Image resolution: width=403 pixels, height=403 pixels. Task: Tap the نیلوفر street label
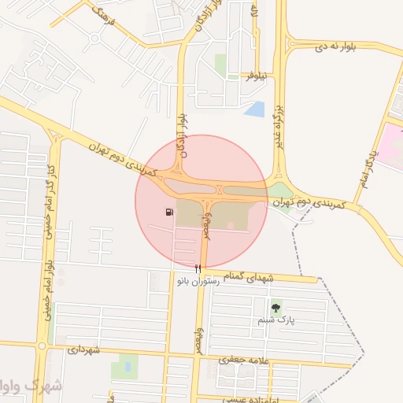[x=257, y=76]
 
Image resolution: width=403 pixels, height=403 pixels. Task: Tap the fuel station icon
[x=170, y=212]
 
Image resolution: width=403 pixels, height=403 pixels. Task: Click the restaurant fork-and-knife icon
[x=198, y=268]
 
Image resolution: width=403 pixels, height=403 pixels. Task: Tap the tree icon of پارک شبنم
[x=275, y=308]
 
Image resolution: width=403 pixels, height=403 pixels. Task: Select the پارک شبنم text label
[x=275, y=321]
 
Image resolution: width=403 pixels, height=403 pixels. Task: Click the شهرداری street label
[x=84, y=349]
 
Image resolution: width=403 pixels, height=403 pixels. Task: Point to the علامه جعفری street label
[x=246, y=360]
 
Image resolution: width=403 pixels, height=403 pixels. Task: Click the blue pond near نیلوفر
[x=254, y=109]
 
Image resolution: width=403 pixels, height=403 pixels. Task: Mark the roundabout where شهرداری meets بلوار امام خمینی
[x=40, y=346]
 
